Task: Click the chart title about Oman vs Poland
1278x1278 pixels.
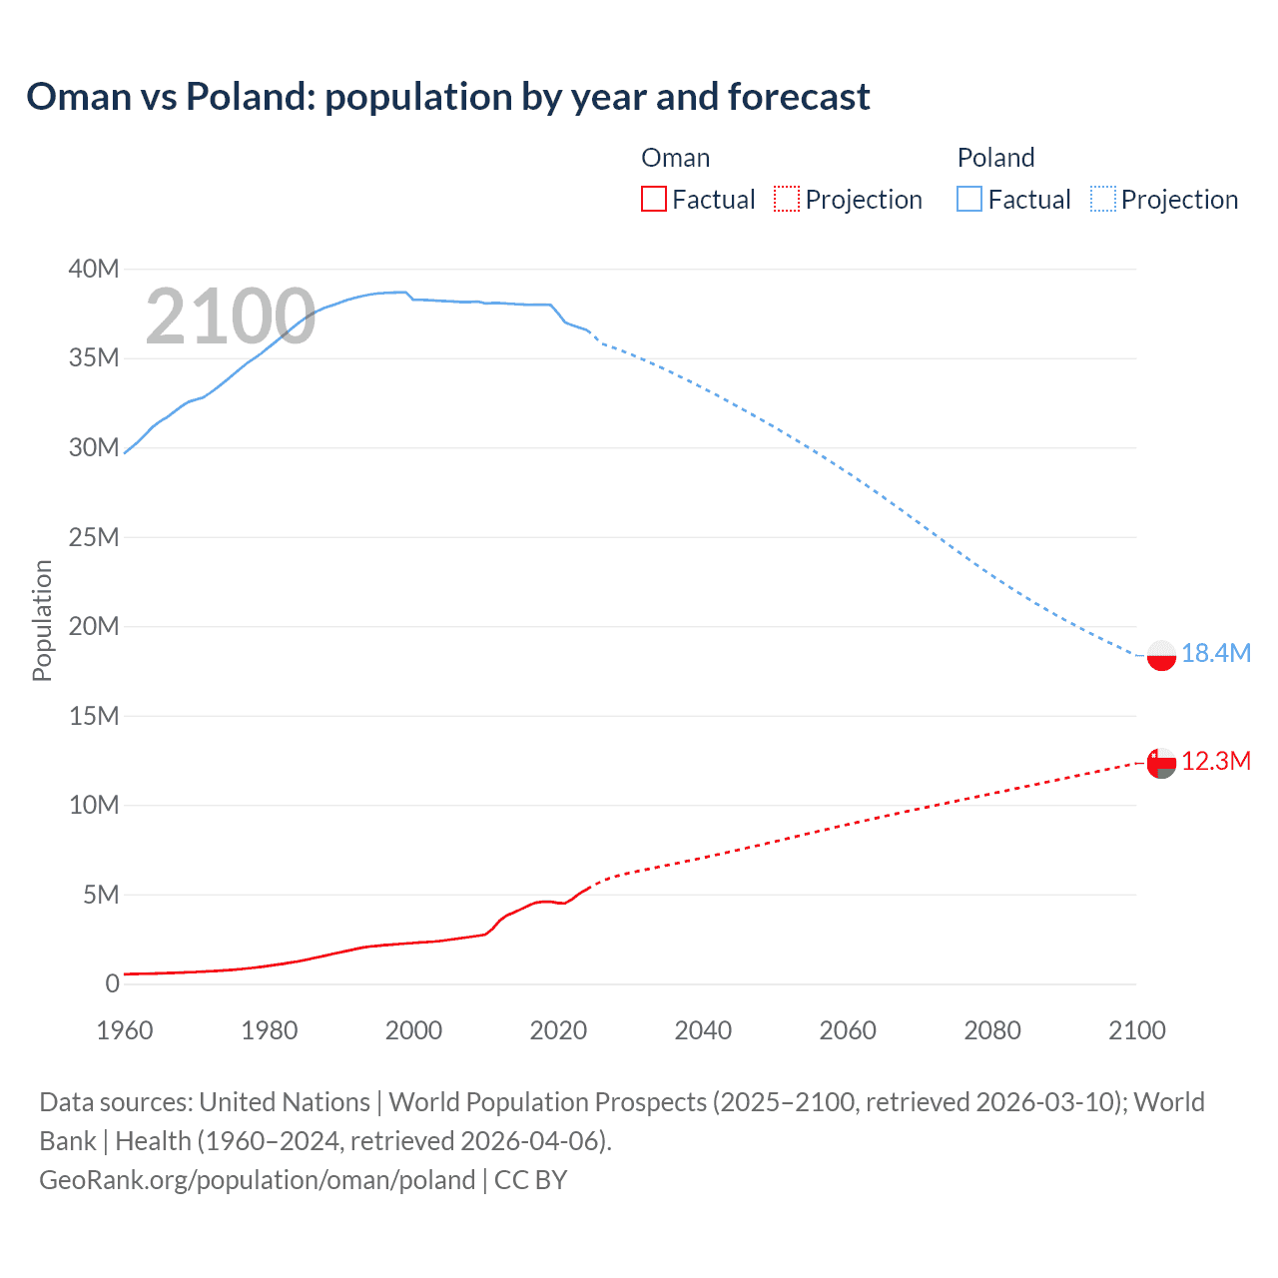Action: coord(447,97)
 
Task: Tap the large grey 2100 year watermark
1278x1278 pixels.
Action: coord(231,317)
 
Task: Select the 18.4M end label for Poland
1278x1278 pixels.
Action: coord(1215,653)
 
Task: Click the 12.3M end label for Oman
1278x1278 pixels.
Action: coord(1215,761)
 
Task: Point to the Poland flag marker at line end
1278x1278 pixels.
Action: coord(1161,655)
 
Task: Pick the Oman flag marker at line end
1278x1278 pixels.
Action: coord(1161,763)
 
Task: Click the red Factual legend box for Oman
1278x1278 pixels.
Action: coord(654,200)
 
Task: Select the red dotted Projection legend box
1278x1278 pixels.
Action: coord(787,200)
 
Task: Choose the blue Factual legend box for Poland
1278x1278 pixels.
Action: coord(969,200)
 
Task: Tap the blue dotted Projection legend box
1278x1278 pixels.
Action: coord(1103,200)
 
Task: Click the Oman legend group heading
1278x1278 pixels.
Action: coord(675,158)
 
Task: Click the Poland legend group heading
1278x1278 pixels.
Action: coord(995,158)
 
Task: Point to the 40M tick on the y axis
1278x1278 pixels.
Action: coord(94,269)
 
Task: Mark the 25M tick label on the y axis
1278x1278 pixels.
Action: coord(94,537)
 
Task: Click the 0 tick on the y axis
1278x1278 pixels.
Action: coord(112,983)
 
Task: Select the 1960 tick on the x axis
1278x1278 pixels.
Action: coord(125,1030)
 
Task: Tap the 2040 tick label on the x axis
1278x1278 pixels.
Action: coord(703,1030)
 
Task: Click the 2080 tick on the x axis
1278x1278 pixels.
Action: coord(992,1030)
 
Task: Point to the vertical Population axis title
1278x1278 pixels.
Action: coord(42,620)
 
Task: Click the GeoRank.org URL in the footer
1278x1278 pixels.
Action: coord(257,1179)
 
